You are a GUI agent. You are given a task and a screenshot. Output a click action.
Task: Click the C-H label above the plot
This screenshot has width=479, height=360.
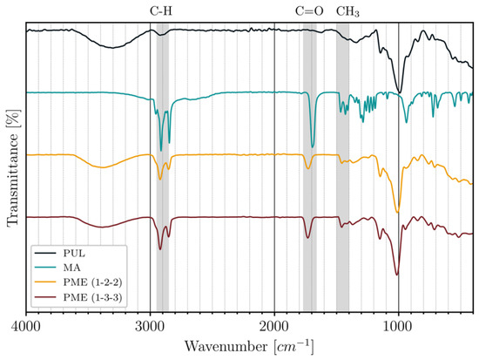pyautogui.click(x=161, y=11)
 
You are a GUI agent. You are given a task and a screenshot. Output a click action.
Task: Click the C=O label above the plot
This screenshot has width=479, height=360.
pyautogui.click(x=309, y=11)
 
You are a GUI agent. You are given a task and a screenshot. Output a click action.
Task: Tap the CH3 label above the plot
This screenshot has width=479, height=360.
pyautogui.click(x=347, y=12)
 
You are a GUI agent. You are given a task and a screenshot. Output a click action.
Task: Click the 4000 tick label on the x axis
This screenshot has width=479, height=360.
pyautogui.click(x=26, y=326)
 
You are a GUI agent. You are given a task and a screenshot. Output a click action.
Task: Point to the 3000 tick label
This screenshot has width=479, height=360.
pyautogui.click(x=151, y=326)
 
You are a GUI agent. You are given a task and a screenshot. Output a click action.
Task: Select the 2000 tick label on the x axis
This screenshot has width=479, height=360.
pyautogui.click(x=274, y=326)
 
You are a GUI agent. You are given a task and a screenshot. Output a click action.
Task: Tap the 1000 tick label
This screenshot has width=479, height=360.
pyautogui.click(x=398, y=326)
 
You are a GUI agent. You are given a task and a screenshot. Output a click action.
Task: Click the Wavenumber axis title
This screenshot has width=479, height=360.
pyautogui.click(x=249, y=347)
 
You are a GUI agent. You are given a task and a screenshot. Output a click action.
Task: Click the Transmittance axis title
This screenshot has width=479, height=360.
pyautogui.click(x=12, y=167)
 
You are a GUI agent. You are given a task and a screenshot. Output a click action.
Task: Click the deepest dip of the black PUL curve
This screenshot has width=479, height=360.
pyautogui.click(x=399, y=92)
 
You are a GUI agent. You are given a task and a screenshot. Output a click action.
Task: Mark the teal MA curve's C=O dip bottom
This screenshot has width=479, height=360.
pyautogui.click(x=312, y=147)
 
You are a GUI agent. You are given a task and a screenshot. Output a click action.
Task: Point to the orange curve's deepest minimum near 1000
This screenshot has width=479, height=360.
pyautogui.click(x=397, y=212)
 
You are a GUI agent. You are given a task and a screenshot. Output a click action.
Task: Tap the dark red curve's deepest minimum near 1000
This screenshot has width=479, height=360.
pyautogui.click(x=397, y=275)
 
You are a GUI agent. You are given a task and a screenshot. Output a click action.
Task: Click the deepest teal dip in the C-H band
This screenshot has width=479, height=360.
pyautogui.click(x=161, y=151)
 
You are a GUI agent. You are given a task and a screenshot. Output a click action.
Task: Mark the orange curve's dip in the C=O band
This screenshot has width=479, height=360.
pyautogui.click(x=308, y=168)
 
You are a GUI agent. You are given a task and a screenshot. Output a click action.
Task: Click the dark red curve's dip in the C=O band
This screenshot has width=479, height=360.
pyautogui.click(x=308, y=238)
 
